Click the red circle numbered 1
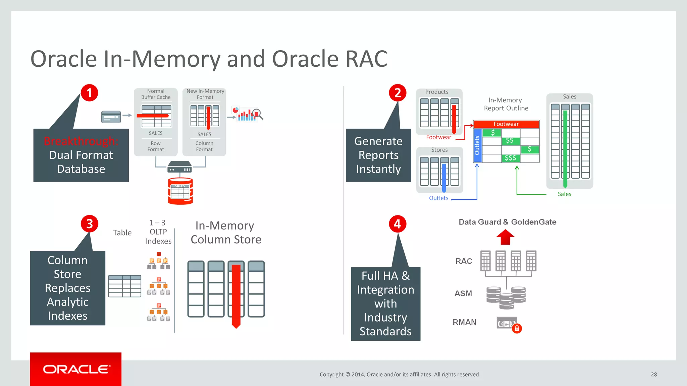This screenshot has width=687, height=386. point(89,93)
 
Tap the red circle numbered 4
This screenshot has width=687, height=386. point(398,224)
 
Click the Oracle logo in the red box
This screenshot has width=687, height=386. point(76,369)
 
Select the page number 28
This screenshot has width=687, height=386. point(653,374)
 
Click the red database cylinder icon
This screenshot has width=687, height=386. point(180,191)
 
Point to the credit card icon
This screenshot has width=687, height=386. point(111,117)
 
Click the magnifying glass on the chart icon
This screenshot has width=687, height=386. point(257,114)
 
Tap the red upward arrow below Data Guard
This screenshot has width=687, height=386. point(505,237)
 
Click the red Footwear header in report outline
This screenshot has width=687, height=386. point(506,124)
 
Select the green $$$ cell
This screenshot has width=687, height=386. point(511,158)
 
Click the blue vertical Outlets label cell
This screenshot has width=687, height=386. point(477,145)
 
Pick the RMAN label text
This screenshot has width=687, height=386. point(464,322)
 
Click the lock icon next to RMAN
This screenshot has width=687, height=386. point(517,328)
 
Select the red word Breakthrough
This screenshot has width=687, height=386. point(81,141)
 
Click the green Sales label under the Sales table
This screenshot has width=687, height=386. point(564,194)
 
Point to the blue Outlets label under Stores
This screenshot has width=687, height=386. point(438,198)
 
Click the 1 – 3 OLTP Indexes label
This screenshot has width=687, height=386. point(158,232)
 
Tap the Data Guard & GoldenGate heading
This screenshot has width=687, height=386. point(507,222)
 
